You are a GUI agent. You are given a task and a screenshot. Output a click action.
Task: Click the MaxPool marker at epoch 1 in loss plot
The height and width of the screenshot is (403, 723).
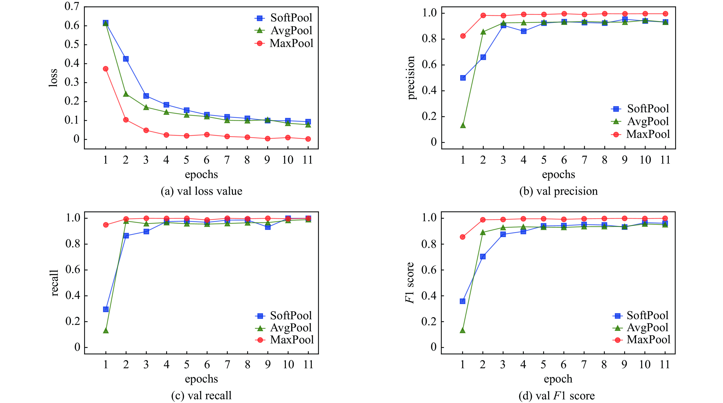coord(105,69)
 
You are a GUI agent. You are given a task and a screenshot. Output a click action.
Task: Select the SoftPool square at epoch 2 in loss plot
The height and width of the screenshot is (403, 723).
coord(126,59)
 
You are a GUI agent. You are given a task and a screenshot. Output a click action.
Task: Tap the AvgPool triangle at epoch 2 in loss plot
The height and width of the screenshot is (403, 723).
coord(126,94)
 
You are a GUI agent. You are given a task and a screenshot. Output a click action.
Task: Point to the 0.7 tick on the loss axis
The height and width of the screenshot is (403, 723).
coord(72,6)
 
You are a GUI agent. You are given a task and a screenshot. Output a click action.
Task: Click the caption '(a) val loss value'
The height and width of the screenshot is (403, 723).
coord(201,191)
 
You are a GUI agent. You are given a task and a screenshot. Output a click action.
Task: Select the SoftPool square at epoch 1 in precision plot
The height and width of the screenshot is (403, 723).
coord(463,78)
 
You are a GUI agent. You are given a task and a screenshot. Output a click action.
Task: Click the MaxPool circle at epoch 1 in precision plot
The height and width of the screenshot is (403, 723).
coord(463,36)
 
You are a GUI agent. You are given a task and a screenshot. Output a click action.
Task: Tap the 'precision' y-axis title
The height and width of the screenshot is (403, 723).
coord(411,78)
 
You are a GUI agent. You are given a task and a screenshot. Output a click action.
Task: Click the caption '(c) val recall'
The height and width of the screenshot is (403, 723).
coord(201,396)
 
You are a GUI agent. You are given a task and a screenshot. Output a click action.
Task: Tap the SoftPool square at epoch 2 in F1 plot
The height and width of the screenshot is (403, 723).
coord(483,256)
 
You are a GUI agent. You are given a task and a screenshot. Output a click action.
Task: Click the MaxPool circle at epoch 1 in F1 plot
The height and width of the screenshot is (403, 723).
coord(462,237)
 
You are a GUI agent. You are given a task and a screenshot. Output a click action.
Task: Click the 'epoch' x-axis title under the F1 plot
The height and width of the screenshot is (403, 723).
coord(558,379)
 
